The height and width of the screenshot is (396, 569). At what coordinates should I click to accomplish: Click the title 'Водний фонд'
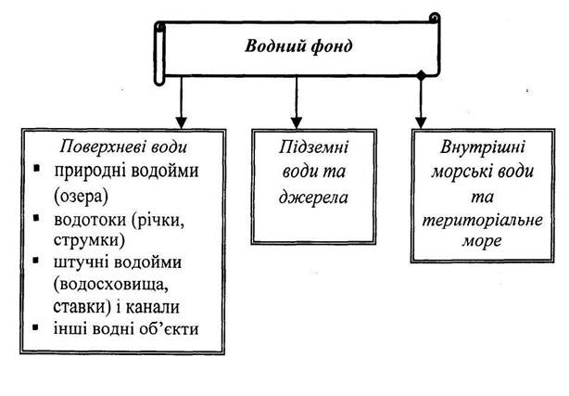[298, 46]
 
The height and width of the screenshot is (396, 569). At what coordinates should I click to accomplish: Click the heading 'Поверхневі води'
[123, 147]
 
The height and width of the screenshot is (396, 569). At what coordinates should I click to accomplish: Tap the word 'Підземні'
[313, 147]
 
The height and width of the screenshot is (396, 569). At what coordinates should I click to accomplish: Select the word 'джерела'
[313, 198]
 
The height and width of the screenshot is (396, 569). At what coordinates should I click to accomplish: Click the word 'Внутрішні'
[482, 147]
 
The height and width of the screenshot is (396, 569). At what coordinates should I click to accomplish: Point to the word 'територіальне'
[482, 221]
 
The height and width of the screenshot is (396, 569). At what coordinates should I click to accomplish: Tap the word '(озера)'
[81, 197]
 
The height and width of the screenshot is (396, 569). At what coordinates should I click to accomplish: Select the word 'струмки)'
[89, 240]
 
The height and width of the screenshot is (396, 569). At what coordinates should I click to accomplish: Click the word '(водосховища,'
[111, 285]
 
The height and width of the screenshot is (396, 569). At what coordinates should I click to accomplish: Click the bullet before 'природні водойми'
[36, 168]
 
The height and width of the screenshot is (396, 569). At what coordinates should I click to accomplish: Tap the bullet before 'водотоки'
[36, 217]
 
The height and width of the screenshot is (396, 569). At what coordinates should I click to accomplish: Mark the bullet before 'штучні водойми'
[36, 260]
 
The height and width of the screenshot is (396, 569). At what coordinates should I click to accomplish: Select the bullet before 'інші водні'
[35, 327]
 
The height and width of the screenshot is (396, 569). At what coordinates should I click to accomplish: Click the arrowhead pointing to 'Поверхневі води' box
[182, 122]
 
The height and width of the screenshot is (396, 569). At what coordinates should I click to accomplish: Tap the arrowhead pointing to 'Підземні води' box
[297, 122]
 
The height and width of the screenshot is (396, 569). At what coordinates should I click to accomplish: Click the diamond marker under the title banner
[421, 76]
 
